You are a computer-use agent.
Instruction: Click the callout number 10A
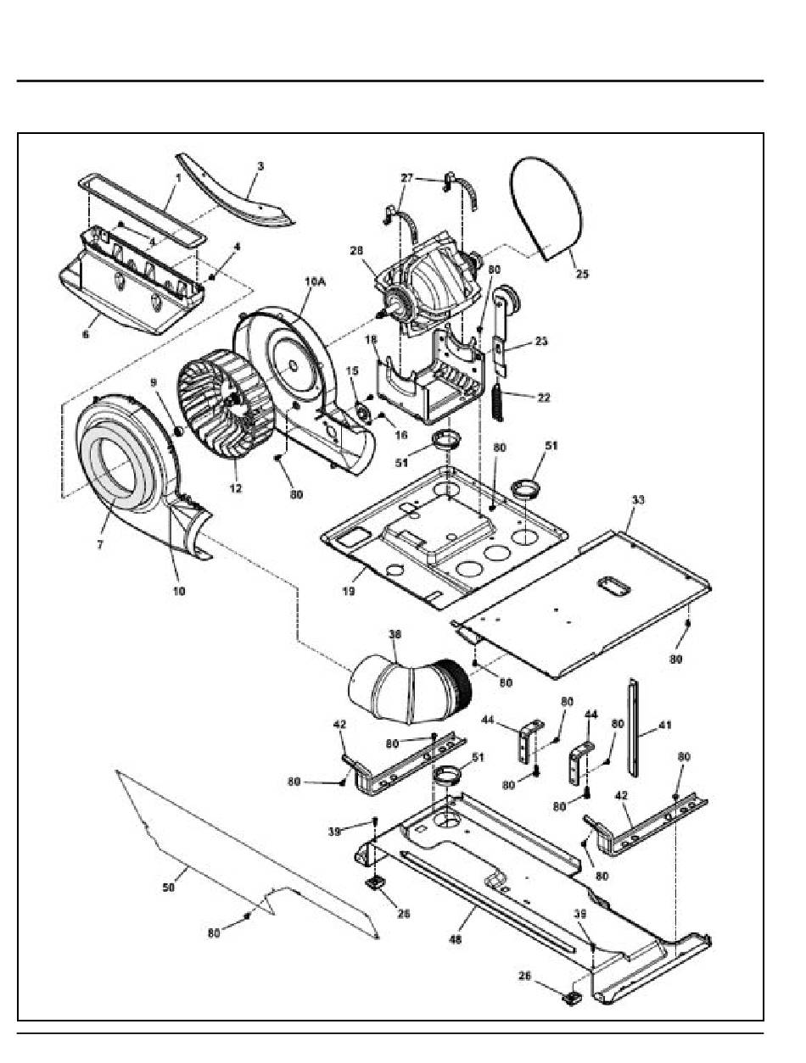pyautogui.click(x=315, y=281)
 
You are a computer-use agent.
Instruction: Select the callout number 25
pyautogui.click(x=582, y=274)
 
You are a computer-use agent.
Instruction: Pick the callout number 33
pyautogui.click(x=638, y=500)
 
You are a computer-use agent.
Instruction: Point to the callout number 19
pyautogui.click(x=349, y=591)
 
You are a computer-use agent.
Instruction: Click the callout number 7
pyautogui.click(x=100, y=545)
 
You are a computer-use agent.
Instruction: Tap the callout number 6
pyautogui.click(x=86, y=334)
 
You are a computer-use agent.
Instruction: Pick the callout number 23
pyautogui.click(x=541, y=342)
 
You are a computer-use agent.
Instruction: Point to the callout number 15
pyautogui.click(x=352, y=370)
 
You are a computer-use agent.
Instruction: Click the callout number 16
pyautogui.click(x=400, y=435)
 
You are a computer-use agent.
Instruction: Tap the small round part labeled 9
pyautogui.click(x=177, y=431)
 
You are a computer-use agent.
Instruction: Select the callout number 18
pyautogui.click(x=371, y=340)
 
